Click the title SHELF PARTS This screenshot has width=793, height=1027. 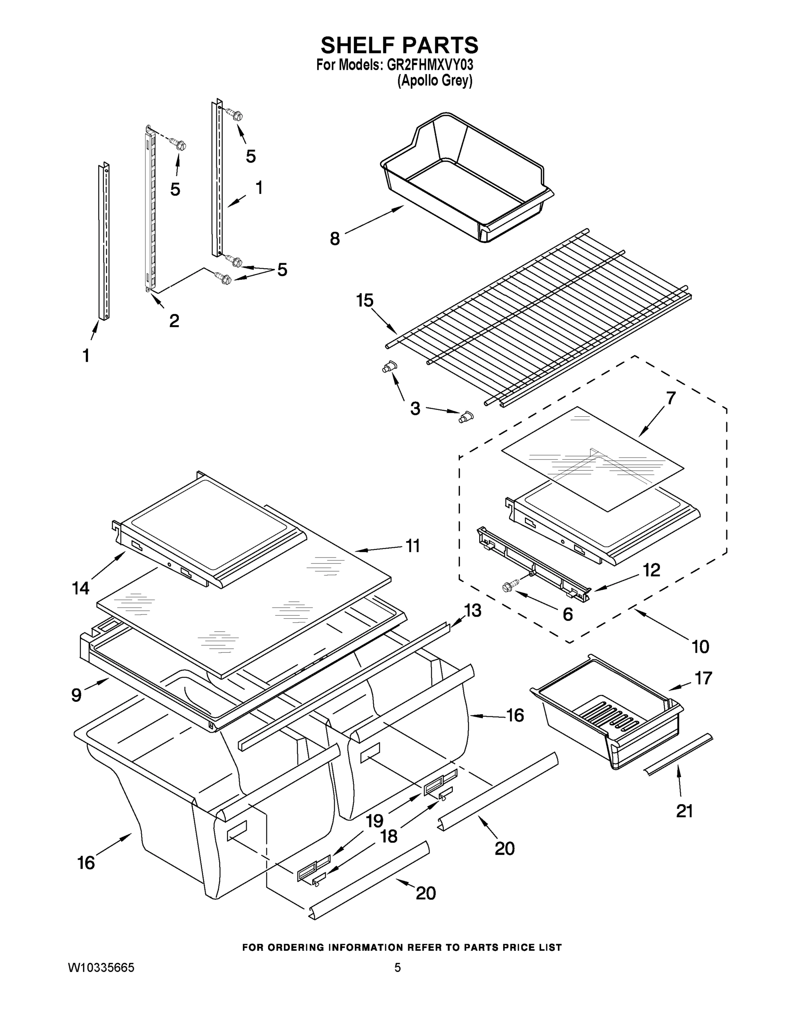click(x=399, y=46)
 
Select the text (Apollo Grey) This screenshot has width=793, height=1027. click(x=435, y=81)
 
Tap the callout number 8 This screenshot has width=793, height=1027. click(x=334, y=239)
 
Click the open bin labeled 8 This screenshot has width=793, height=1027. click(x=465, y=179)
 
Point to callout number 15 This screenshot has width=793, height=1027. click(x=365, y=300)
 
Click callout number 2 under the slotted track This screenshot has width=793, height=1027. click(x=174, y=321)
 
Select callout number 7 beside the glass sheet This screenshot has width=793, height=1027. click(x=671, y=398)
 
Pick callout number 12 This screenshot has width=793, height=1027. click(x=651, y=570)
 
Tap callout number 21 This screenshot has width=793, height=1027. click(x=684, y=811)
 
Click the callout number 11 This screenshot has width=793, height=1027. click(x=413, y=546)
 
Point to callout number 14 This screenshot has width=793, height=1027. click(x=80, y=588)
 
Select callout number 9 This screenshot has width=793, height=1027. click(x=76, y=695)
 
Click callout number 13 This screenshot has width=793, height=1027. click(x=473, y=610)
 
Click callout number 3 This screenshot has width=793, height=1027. click(x=415, y=409)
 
